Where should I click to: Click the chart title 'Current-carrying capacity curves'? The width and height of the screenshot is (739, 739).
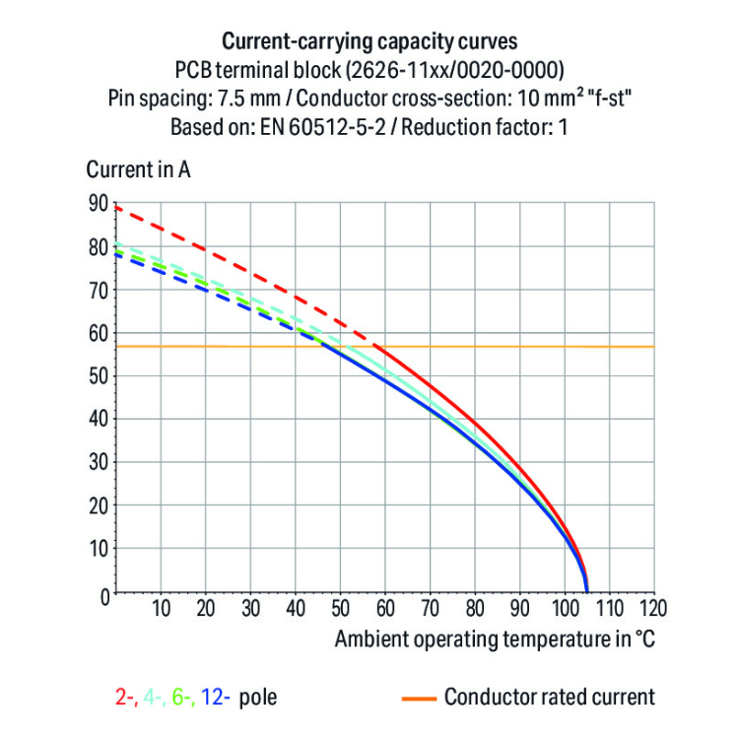369,41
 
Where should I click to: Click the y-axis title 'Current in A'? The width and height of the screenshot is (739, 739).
138,168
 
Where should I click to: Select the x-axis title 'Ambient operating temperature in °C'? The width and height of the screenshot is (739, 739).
494,638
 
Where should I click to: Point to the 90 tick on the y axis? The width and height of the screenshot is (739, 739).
97,204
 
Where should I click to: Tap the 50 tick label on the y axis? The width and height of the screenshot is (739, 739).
97,376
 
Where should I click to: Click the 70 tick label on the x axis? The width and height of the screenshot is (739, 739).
430,607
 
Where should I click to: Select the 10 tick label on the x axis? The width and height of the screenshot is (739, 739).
161,607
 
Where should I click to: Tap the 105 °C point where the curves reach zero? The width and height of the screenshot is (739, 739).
587,591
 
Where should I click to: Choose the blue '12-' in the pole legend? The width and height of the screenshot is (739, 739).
216,698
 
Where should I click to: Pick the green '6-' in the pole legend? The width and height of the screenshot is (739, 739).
182,698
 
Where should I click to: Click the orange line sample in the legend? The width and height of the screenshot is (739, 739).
418,698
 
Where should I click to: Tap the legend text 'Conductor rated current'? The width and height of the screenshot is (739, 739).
549,698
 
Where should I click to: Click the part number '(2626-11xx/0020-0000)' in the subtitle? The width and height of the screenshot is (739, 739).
469,70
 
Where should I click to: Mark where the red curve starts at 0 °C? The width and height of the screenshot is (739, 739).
116,207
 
